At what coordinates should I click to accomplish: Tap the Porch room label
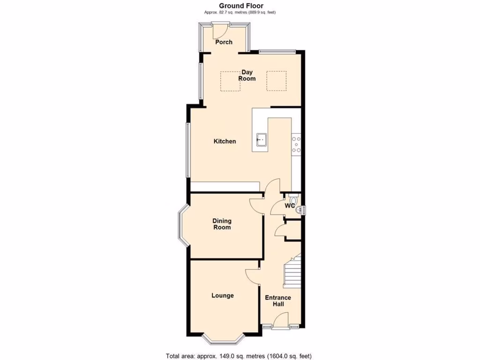point(224,42)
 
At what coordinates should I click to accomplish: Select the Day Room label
point(247,75)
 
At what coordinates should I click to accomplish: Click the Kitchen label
point(225,141)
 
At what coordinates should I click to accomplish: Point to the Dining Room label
point(222,224)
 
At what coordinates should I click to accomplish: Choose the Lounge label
point(222,295)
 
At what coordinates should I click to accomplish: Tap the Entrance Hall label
point(278,301)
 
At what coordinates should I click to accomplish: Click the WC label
point(290,205)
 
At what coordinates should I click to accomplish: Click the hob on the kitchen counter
point(296,144)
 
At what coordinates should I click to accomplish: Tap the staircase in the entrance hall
point(292,272)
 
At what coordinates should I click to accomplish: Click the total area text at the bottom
point(239,356)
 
